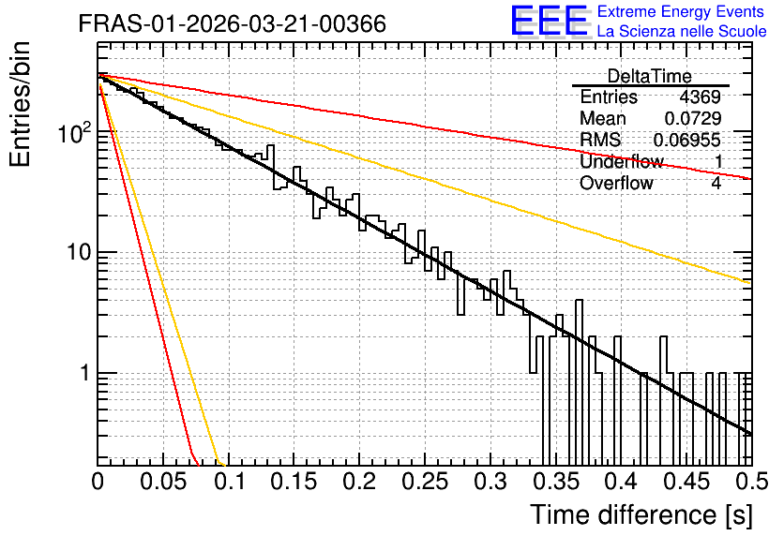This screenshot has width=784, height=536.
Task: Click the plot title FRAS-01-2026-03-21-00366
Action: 233,23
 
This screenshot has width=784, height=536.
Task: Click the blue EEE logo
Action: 550,21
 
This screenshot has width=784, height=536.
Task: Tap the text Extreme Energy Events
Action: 681,11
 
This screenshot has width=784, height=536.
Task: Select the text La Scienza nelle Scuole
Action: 682,31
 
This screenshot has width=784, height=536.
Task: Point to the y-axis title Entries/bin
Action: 20,104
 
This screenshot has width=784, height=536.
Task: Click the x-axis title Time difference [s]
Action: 641,514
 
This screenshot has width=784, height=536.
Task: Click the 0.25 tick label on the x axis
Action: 425,482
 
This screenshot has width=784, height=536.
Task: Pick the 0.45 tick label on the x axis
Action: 686,482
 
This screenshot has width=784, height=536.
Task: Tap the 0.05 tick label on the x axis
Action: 163,482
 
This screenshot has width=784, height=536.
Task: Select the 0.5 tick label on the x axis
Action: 751,482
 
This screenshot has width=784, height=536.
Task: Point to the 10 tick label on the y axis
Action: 80,252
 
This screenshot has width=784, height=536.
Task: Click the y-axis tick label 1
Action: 86,373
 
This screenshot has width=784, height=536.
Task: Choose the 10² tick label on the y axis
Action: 75,131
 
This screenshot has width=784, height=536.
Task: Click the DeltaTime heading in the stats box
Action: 650,76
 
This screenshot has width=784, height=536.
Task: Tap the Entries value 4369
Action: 700,97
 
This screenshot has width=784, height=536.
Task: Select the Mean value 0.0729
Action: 693,118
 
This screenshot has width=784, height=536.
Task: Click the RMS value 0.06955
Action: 687,140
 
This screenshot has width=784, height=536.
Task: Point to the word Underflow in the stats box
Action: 622,161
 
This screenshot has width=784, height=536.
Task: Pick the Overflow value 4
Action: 716,183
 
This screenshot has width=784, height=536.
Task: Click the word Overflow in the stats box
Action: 616,183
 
